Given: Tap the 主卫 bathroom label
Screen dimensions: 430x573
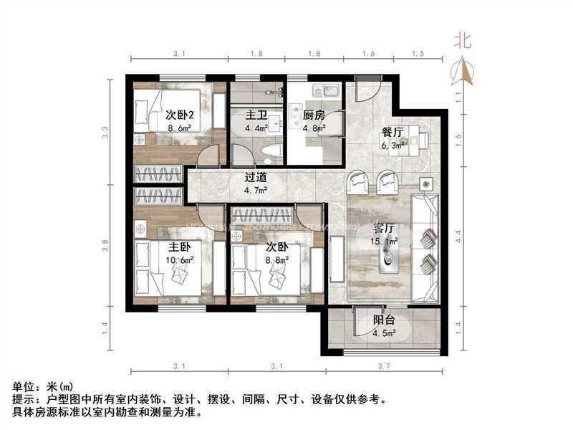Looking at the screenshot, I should (x=256, y=114).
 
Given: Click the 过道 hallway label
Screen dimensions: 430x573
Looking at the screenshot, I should (x=256, y=176).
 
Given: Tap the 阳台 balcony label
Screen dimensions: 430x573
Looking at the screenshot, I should (x=386, y=320).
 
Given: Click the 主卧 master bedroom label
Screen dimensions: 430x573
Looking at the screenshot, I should (x=169, y=247).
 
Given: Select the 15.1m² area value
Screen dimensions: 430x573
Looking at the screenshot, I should (x=385, y=242).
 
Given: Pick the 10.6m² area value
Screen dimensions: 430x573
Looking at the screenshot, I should (x=169, y=259).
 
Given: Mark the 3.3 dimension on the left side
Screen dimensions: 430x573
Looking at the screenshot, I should (x=105, y=133).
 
